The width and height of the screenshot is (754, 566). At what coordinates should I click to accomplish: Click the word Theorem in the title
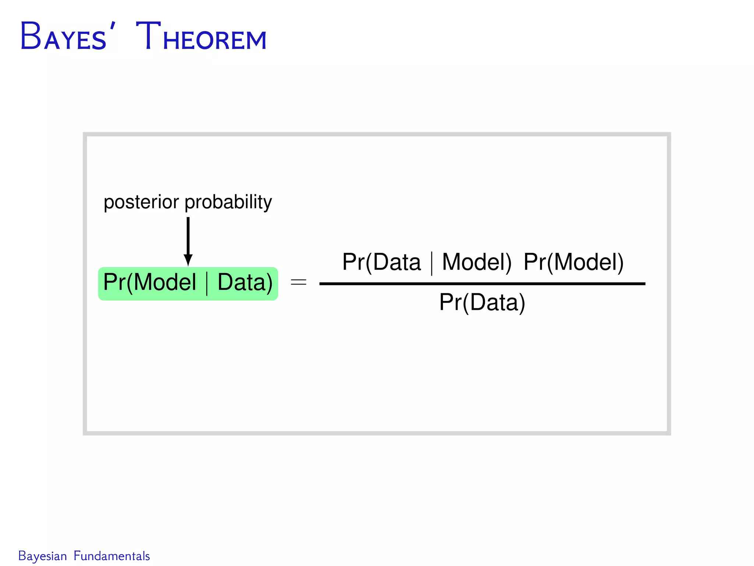[x=201, y=37]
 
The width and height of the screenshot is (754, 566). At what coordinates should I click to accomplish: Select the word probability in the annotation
[x=228, y=202]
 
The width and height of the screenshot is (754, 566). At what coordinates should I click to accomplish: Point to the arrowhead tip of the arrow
[x=188, y=265]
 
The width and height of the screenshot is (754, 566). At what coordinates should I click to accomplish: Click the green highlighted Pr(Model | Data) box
[x=188, y=284]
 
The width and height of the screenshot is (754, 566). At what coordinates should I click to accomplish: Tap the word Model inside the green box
[x=165, y=283]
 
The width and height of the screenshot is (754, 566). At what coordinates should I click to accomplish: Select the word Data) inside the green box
[x=245, y=283]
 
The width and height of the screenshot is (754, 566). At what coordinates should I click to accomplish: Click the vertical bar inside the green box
[x=207, y=283]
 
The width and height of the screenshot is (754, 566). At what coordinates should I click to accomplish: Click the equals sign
[x=299, y=283]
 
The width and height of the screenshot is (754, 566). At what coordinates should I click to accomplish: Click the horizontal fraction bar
[x=482, y=284]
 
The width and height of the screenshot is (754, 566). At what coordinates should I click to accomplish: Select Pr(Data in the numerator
[x=381, y=262]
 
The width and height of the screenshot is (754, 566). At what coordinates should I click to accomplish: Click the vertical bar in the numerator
[x=431, y=263]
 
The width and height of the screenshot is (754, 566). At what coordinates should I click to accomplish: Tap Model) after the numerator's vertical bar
[x=476, y=262]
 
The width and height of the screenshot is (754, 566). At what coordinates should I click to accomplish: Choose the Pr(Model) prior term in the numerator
[x=573, y=262]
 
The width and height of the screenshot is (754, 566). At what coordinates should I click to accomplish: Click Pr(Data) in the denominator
[x=482, y=303]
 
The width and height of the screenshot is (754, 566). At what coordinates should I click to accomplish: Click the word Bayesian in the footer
[x=42, y=556]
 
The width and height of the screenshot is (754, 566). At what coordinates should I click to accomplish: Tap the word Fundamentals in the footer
[x=112, y=556]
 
